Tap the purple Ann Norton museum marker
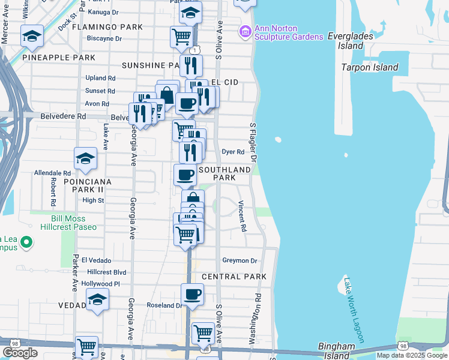(245, 31)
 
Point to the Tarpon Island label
(370, 67)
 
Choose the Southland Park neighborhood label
(224, 174)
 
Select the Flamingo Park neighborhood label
(107, 27)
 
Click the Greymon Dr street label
(240, 260)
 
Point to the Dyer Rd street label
(233, 152)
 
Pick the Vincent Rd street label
(243, 216)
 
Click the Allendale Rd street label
(52, 173)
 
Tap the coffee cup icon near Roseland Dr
(193, 294)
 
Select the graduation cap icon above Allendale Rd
(85, 158)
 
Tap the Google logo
(20, 353)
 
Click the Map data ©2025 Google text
(411, 355)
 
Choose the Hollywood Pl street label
(101, 284)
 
